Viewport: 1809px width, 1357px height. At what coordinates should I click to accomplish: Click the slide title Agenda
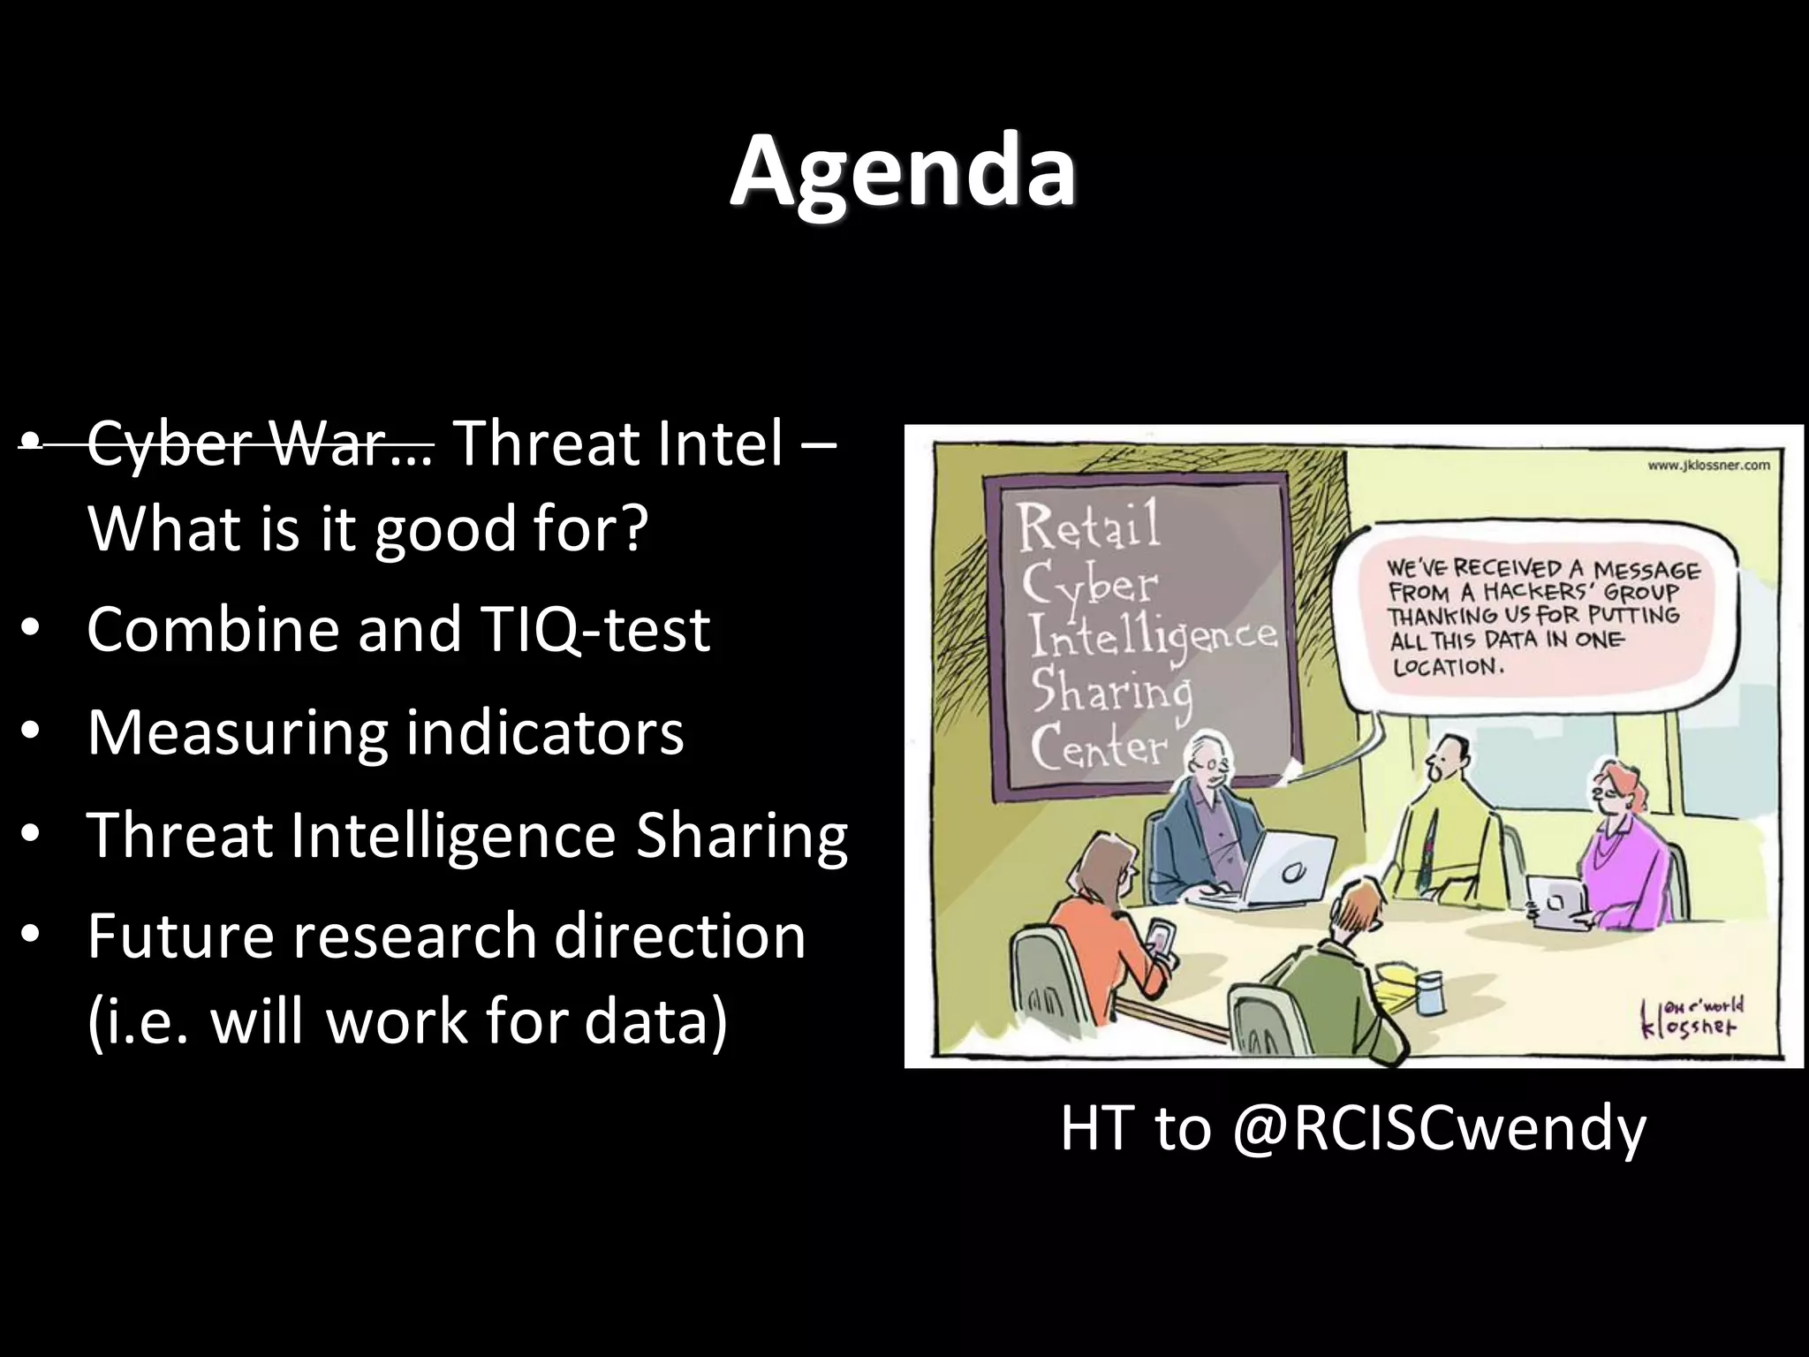(903, 170)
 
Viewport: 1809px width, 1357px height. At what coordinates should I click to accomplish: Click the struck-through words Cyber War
(259, 443)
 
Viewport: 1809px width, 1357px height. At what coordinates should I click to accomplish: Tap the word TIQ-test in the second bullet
(595, 630)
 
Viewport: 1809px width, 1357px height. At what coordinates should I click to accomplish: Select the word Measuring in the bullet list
(237, 733)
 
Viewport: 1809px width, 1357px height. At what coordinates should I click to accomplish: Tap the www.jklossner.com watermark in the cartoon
(1708, 466)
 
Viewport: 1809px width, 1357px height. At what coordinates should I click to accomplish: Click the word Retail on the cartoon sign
(1088, 526)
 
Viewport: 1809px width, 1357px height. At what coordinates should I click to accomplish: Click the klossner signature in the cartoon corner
(1691, 1019)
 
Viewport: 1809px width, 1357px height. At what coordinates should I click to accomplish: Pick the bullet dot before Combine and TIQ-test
(31, 630)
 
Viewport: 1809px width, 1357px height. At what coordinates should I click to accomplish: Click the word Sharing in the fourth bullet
(741, 836)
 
